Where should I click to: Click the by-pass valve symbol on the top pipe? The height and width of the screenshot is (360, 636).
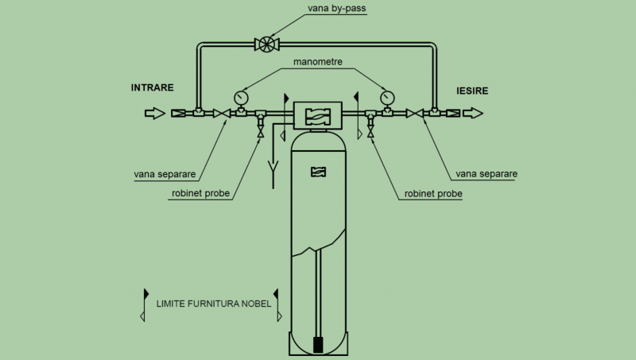pos(267,45)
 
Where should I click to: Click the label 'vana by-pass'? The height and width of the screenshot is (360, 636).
pos(336,8)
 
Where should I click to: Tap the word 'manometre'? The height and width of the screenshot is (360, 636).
pos(317,62)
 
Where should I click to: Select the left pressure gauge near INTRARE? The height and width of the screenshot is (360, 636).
pos(242,97)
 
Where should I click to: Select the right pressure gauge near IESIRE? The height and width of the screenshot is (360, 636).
pos(387,97)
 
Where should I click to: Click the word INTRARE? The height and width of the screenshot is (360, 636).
pos(152,87)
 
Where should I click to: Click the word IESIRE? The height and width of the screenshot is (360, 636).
pos(472,91)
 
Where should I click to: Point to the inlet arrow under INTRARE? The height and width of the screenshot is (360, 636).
pos(155,113)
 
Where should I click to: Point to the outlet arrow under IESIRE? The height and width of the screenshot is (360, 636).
pos(473,113)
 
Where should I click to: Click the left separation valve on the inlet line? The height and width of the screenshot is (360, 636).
pos(222,114)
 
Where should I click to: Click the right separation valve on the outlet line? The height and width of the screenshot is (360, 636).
pos(414,114)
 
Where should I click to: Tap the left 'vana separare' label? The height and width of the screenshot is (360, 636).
pos(165,174)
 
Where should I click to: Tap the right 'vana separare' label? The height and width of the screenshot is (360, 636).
pos(487,174)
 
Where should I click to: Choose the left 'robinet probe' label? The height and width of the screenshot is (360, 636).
pos(201,193)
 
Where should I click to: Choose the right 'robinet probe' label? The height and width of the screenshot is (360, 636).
pos(433,194)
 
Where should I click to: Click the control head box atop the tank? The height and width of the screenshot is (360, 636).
pos(317,115)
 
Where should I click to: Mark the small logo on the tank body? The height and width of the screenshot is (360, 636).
pos(319,172)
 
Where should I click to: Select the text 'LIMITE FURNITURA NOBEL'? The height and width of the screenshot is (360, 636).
pos(214,304)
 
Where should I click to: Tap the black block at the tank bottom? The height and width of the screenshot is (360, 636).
pos(319,345)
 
